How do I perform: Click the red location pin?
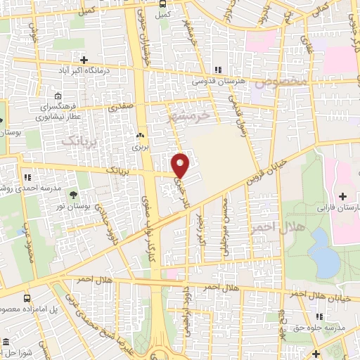tap(181, 165)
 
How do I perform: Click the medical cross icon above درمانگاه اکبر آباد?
tap(84, 60)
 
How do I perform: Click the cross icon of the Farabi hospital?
tap(343, 195)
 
